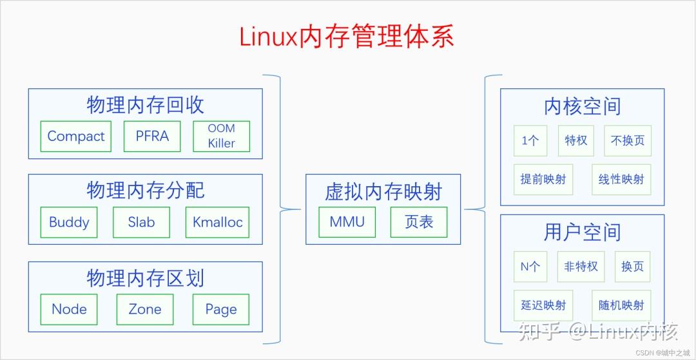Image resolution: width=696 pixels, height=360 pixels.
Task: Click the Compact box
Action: tap(76, 137)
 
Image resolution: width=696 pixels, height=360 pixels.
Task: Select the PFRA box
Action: tap(152, 137)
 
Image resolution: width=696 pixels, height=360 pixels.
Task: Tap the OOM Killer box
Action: tap(221, 137)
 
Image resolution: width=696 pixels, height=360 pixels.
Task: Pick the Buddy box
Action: tap(69, 222)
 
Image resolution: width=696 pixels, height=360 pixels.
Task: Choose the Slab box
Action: tap(141, 222)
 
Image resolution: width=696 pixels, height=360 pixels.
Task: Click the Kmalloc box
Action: tap(217, 222)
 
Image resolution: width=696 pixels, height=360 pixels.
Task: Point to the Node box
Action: tap(69, 309)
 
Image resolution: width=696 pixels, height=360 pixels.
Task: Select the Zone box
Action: tap(145, 309)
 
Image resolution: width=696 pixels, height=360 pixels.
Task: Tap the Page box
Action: tap(221, 309)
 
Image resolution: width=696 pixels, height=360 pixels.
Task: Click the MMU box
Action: tap(347, 222)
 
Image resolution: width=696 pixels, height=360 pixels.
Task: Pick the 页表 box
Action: tap(419, 222)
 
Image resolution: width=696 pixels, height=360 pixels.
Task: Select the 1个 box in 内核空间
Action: tap(530, 140)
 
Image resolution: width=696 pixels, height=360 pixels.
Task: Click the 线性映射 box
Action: tap(621, 179)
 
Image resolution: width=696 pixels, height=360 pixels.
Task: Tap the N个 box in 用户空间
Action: tap(530, 266)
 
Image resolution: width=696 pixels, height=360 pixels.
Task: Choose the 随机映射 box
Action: tap(621, 305)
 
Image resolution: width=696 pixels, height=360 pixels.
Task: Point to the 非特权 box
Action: tap(581, 266)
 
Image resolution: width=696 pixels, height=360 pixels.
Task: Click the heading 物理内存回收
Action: tap(145, 105)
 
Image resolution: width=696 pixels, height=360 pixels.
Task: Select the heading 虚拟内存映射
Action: tap(383, 191)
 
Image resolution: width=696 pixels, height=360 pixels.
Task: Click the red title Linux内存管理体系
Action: tap(347, 37)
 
